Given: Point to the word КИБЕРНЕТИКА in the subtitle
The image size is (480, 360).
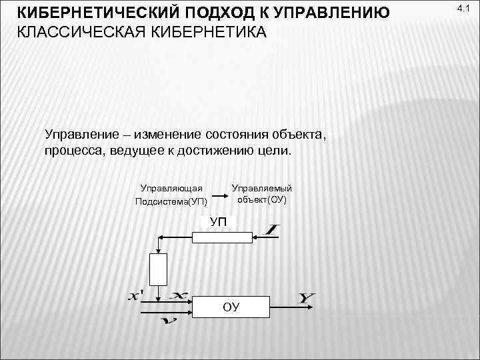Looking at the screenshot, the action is coord(208,32).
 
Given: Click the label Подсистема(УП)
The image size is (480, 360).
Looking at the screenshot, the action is coord(171,201).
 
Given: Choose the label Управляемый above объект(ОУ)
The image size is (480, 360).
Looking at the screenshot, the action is coord(262,188).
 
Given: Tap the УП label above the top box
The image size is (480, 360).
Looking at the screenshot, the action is coord(218,221).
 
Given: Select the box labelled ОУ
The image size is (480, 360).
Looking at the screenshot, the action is coord(231,306).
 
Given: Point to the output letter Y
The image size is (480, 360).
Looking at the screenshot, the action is coord(306,298).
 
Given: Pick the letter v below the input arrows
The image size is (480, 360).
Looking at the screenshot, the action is coord(169,322).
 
